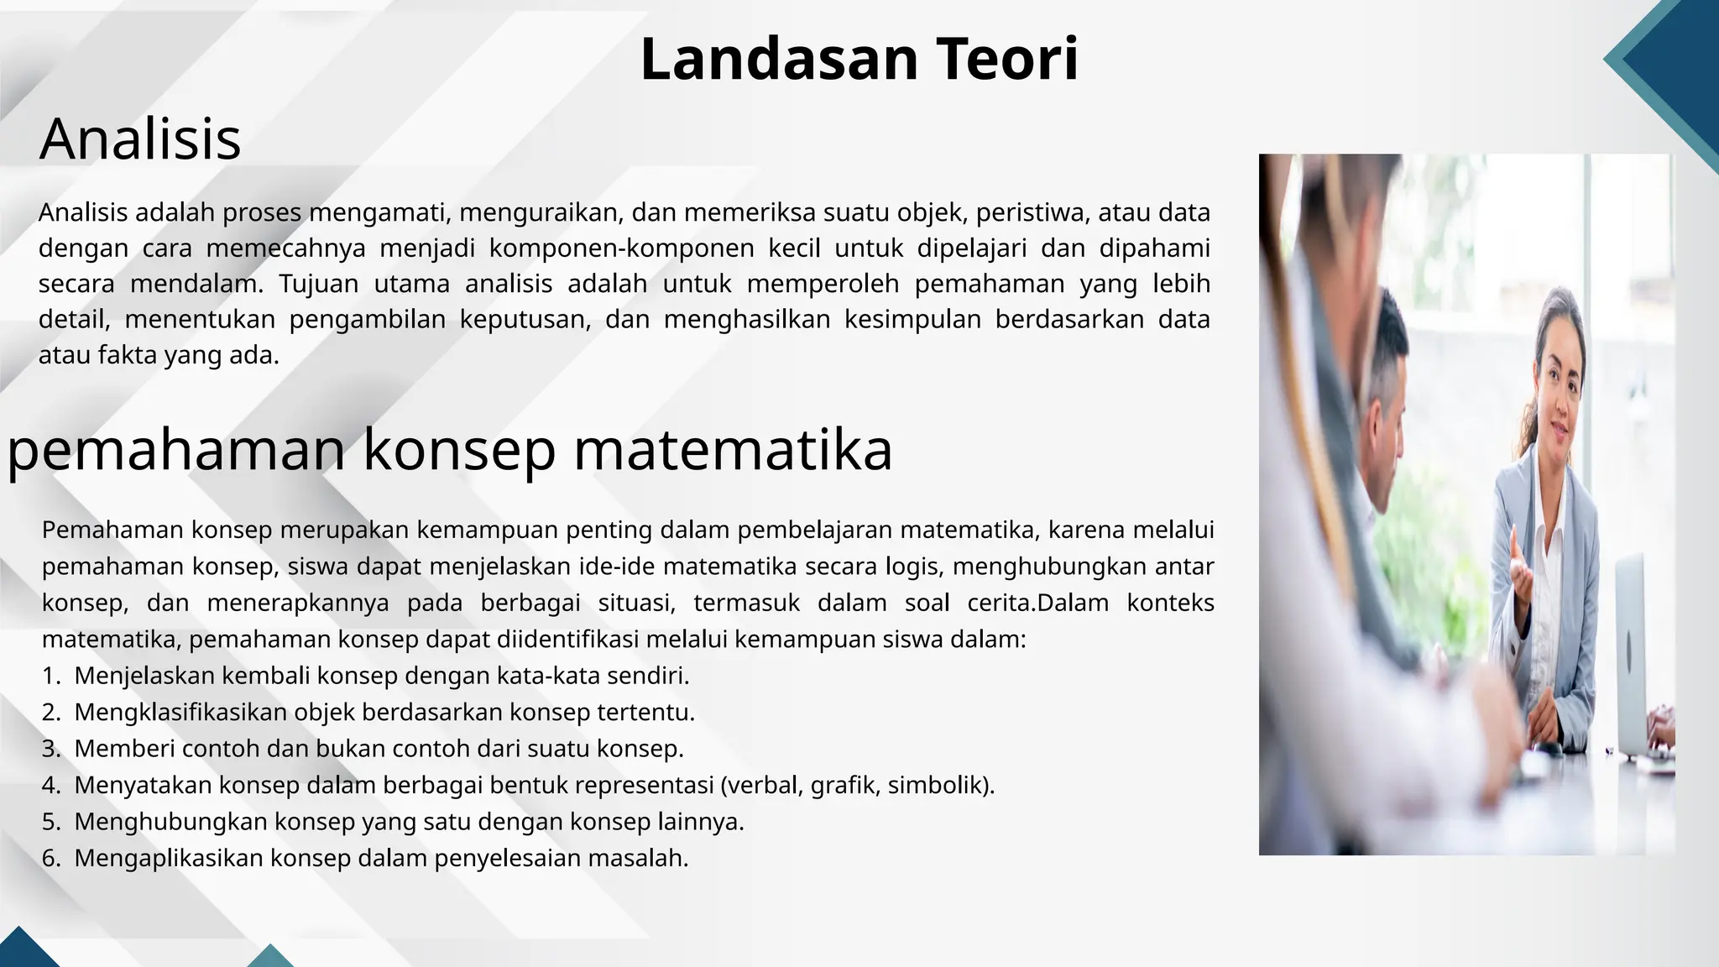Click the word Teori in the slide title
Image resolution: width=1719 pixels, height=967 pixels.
point(1006,60)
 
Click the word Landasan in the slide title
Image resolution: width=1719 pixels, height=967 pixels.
point(780,60)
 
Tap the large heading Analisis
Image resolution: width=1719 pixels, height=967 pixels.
point(140,139)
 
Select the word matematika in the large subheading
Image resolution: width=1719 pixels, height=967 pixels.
point(733,449)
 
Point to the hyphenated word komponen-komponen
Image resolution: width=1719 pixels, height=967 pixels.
point(622,248)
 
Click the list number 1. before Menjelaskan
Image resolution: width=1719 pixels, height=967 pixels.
point(51,676)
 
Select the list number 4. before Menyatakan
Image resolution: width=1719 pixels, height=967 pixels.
point(51,785)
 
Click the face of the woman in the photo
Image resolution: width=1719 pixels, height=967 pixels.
point(1558,382)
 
